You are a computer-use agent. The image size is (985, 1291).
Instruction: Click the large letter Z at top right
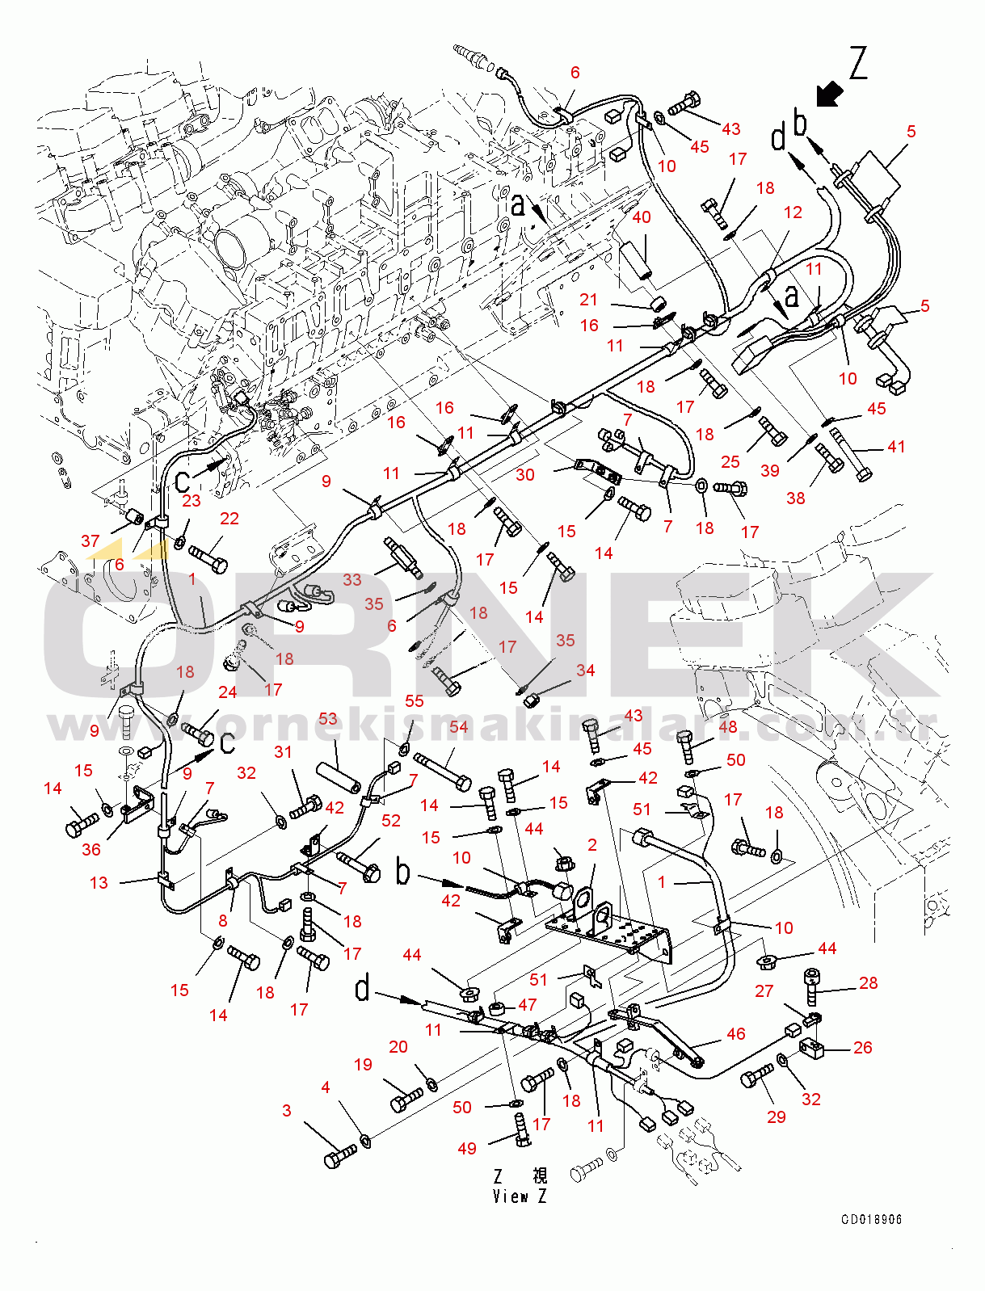point(857,63)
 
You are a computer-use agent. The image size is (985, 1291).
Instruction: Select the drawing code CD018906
point(871,1219)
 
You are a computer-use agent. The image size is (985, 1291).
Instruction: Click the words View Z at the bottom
point(520,1196)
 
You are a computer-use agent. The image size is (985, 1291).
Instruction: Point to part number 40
point(641,217)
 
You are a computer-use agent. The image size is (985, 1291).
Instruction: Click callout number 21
point(588,299)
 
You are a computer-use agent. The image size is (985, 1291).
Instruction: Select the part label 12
point(793,212)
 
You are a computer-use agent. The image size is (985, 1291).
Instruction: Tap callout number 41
point(896,446)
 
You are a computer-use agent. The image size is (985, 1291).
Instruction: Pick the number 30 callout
point(525,474)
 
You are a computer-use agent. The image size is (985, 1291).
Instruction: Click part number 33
point(351,579)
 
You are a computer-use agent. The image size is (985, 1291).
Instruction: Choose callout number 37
point(91,540)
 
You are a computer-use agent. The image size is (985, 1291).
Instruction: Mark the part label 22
point(229,518)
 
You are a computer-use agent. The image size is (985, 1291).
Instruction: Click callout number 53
point(327,718)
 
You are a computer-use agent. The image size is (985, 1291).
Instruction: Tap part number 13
point(99,882)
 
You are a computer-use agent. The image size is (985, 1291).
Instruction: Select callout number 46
point(735,1033)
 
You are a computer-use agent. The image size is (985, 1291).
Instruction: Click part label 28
point(868,982)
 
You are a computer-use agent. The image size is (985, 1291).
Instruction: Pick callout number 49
point(467,1148)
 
